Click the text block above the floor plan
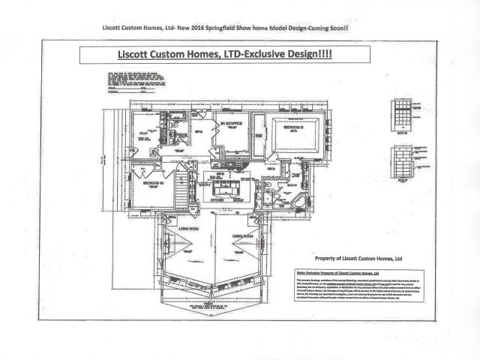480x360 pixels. (130, 79)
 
